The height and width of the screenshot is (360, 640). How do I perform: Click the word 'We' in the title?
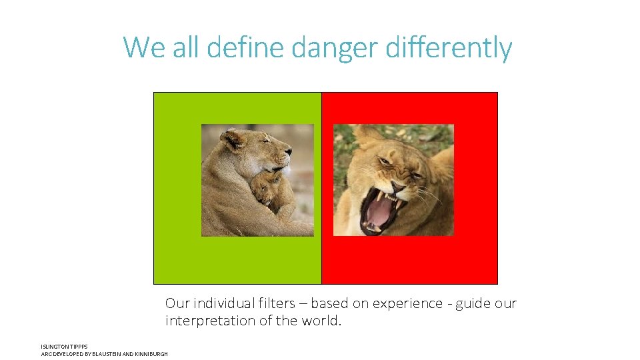click(x=143, y=48)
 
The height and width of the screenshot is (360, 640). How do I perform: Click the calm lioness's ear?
click(x=233, y=139)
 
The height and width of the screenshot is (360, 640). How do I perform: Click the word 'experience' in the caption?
click(x=407, y=303)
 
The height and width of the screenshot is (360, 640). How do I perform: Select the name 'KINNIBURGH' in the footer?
click(x=151, y=353)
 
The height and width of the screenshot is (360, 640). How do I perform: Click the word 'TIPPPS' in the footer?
click(x=79, y=347)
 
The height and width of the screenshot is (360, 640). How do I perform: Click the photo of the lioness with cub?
click(x=257, y=180)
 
